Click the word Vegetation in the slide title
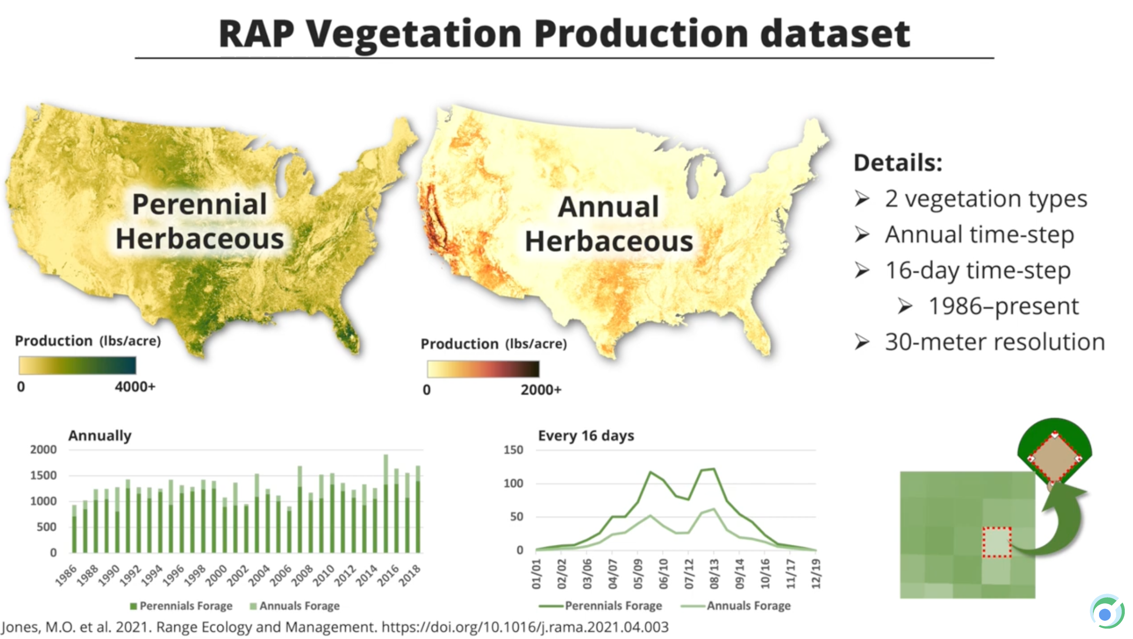click(x=414, y=35)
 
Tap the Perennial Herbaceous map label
click(x=200, y=222)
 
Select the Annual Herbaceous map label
click(x=609, y=224)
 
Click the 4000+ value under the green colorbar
click(x=135, y=386)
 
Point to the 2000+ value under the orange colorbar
click(x=541, y=390)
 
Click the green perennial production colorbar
click(x=77, y=365)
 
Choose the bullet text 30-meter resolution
click(x=995, y=342)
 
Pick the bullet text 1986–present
click(x=1004, y=306)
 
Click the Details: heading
click(x=898, y=163)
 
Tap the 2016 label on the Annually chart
click(x=388, y=575)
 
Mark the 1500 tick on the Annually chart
click(x=43, y=475)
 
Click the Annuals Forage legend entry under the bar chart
click(x=295, y=606)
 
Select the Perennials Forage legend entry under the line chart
click(x=600, y=606)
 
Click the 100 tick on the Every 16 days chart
click(x=513, y=483)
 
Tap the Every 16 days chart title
click(x=586, y=436)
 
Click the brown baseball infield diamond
click(x=1055, y=458)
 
